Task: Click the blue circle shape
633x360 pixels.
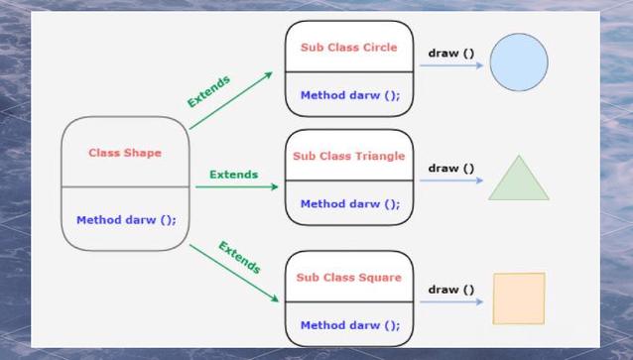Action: [519, 62]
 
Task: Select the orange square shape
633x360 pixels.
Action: [519, 299]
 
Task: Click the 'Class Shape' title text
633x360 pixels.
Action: [125, 153]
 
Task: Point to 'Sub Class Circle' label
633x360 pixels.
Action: [349, 48]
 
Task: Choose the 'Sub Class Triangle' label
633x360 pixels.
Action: [349, 156]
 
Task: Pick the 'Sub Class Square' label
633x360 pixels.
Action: [349, 278]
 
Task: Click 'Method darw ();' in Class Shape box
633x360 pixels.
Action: [126, 220]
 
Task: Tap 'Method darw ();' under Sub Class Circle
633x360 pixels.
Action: [350, 95]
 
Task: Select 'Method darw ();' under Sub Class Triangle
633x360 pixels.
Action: [350, 204]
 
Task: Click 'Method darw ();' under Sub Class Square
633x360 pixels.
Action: [350, 325]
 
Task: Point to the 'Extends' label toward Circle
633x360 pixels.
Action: [208, 91]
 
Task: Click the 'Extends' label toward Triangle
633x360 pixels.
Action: [234, 175]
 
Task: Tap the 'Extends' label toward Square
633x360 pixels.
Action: [240, 258]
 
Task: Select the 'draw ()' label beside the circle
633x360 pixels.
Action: [450, 54]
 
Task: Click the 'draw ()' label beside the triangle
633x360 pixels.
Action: [450, 168]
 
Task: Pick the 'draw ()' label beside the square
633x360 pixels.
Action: [450, 290]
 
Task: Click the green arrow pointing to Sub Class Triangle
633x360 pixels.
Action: [237, 186]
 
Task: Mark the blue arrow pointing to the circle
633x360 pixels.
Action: [451, 65]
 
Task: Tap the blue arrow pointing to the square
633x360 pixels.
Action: [451, 301]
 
